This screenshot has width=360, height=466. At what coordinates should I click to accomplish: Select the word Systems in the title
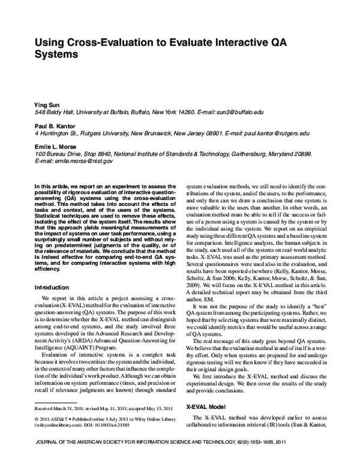pyautogui.click(x=61, y=55)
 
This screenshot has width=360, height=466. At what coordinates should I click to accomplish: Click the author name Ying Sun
pyautogui.click(x=46, y=105)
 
